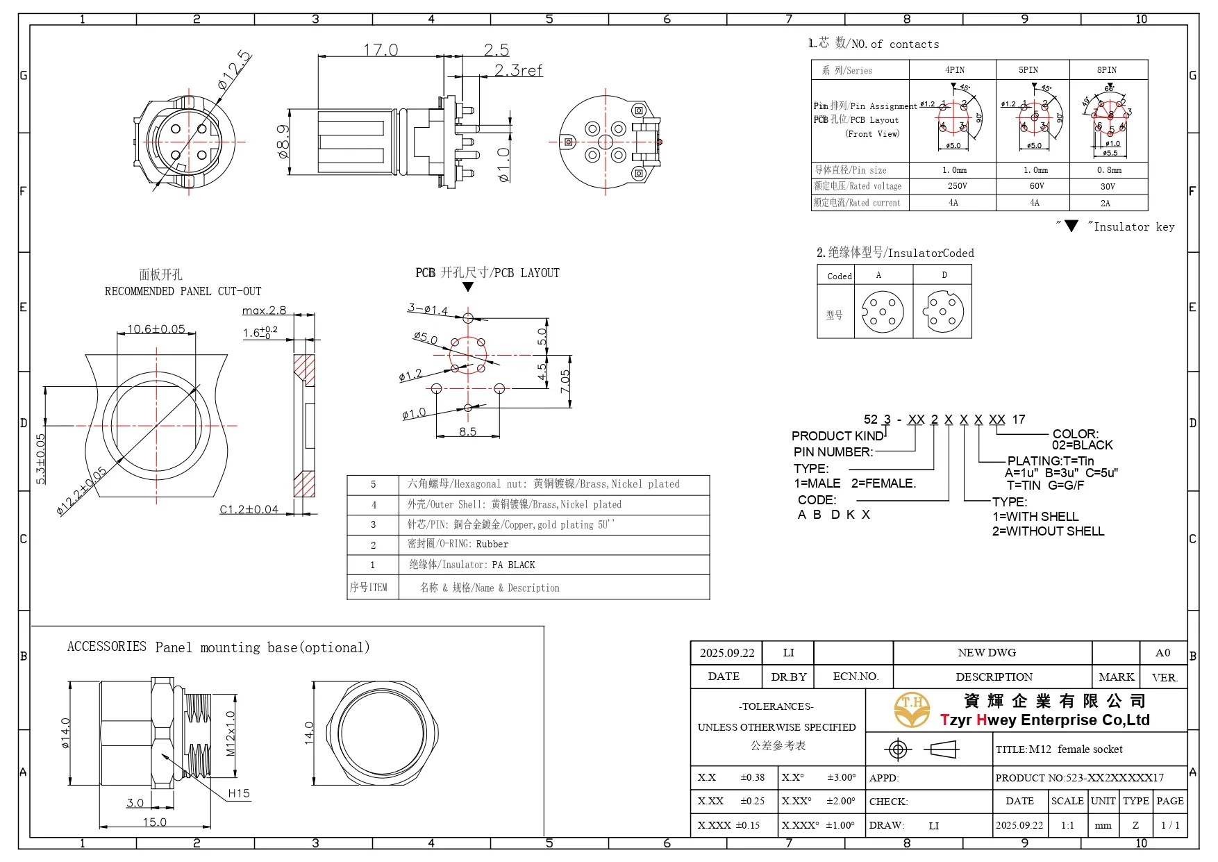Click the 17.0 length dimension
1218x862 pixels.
point(381,50)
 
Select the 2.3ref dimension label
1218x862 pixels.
point(518,70)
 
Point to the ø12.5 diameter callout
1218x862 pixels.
point(233,70)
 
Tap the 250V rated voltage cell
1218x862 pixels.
point(957,186)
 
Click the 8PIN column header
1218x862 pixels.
point(1106,70)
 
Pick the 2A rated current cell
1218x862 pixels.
point(1105,204)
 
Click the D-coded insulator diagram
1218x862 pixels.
point(943,312)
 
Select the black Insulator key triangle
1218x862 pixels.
point(1071,226)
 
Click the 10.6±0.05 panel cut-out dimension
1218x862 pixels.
point(156,329)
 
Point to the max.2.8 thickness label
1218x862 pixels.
point(264,310)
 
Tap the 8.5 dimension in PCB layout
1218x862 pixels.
point(467,431)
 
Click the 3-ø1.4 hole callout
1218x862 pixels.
point(428,309)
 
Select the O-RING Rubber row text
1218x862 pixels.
point(458,545)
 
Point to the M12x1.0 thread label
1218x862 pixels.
point(231,733)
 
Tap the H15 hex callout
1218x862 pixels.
point(238,793)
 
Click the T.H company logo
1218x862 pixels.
point(911,709)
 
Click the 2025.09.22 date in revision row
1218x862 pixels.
point(726,653)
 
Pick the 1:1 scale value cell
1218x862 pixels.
point(1067,826)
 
